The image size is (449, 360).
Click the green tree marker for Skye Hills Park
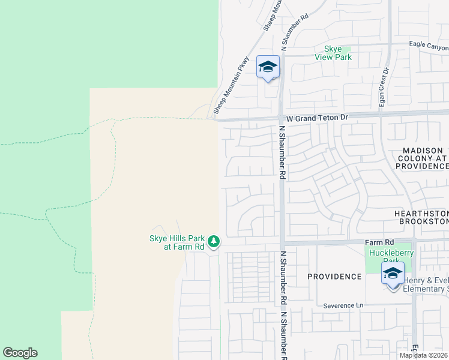click(214, 242)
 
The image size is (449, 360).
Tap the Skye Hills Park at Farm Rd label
click(176, 242)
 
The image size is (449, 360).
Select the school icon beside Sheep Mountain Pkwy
click(268, 68)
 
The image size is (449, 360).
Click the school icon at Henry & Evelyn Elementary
click(393, 275)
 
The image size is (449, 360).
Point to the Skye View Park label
click(333, 53)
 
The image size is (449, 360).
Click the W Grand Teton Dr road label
click(317, 118)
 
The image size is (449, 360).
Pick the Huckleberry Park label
click(392, 257)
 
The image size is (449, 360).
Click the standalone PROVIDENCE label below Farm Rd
click(334, 277)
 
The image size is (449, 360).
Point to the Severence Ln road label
click(343, 305)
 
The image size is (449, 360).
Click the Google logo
click(20, 353)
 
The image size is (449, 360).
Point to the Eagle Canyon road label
click(429, 45)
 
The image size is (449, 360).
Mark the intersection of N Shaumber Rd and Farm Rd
click(281, 243)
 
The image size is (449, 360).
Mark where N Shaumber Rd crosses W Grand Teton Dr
click(281, 119)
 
